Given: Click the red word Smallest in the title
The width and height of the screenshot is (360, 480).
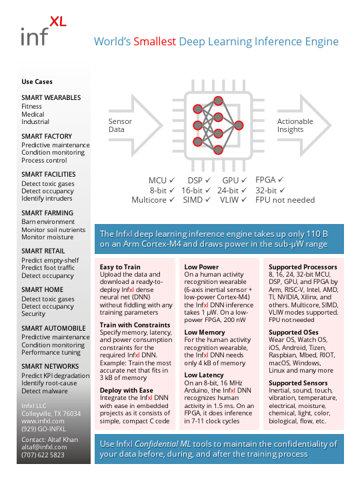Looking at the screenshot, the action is (155, 41).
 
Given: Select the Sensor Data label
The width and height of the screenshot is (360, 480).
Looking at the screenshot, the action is (120, 125).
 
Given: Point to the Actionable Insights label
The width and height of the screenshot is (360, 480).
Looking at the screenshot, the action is (295, 125).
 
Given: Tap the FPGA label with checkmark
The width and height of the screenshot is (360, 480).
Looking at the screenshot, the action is (270, 180).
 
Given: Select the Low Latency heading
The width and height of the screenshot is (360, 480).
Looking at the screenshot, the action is (205, 375).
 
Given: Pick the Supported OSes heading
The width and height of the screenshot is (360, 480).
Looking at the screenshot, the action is (293, 332).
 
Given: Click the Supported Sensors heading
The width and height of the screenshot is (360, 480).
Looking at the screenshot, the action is (298, 383).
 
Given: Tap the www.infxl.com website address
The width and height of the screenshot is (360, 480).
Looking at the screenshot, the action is (43, 421).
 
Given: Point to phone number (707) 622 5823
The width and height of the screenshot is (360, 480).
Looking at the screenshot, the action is (43, 455).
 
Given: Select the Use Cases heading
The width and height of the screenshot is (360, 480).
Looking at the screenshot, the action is (37, 82).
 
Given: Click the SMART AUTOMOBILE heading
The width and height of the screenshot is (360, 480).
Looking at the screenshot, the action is (53, 328).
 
